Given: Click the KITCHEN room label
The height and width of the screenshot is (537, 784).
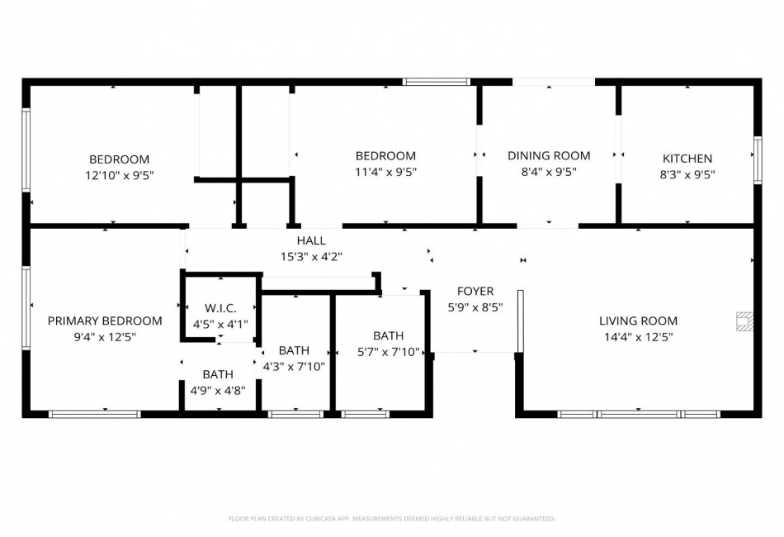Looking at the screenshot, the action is tap(687, 159).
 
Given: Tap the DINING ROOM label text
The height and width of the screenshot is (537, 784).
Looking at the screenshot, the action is tap(549, 155).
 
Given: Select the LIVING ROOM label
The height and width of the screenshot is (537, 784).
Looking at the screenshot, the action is tap(638, 321).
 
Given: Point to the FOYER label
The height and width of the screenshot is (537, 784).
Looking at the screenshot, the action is tap(475, 292).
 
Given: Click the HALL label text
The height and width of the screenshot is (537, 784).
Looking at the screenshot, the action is tap(311, 240).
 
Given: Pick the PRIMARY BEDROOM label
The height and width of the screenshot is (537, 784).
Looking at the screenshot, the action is tap(105, 321).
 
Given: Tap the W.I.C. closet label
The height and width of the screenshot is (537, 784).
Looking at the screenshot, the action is tap(220, 308).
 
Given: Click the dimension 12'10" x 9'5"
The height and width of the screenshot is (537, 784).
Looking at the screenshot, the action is tap(119, 176).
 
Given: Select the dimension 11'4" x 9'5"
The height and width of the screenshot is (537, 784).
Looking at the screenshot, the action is tap(385, 172).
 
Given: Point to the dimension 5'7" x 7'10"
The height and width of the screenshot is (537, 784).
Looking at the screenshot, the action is tap(388, 352).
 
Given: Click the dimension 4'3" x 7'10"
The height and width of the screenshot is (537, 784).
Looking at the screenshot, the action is tap(294, 367).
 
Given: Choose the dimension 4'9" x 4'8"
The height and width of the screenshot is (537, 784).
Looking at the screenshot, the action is tap(218, 391).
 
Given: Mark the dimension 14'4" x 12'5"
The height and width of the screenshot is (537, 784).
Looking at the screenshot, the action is tap(638, 337).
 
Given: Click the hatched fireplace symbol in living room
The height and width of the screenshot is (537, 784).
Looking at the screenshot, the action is tap(744, 321).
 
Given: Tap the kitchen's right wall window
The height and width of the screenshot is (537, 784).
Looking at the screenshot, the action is tap(758, 160).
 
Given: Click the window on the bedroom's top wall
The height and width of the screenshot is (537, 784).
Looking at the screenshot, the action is tap(437, 82).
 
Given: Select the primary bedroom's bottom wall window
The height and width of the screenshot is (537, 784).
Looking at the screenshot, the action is tap(95, 414).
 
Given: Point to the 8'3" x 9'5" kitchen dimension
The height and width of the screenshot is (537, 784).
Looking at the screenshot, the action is tap(687, 174).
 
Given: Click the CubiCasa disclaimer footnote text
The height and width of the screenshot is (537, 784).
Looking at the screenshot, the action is tap(391, 519).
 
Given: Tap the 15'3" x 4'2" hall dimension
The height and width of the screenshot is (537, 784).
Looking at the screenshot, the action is tap(311, 257).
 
